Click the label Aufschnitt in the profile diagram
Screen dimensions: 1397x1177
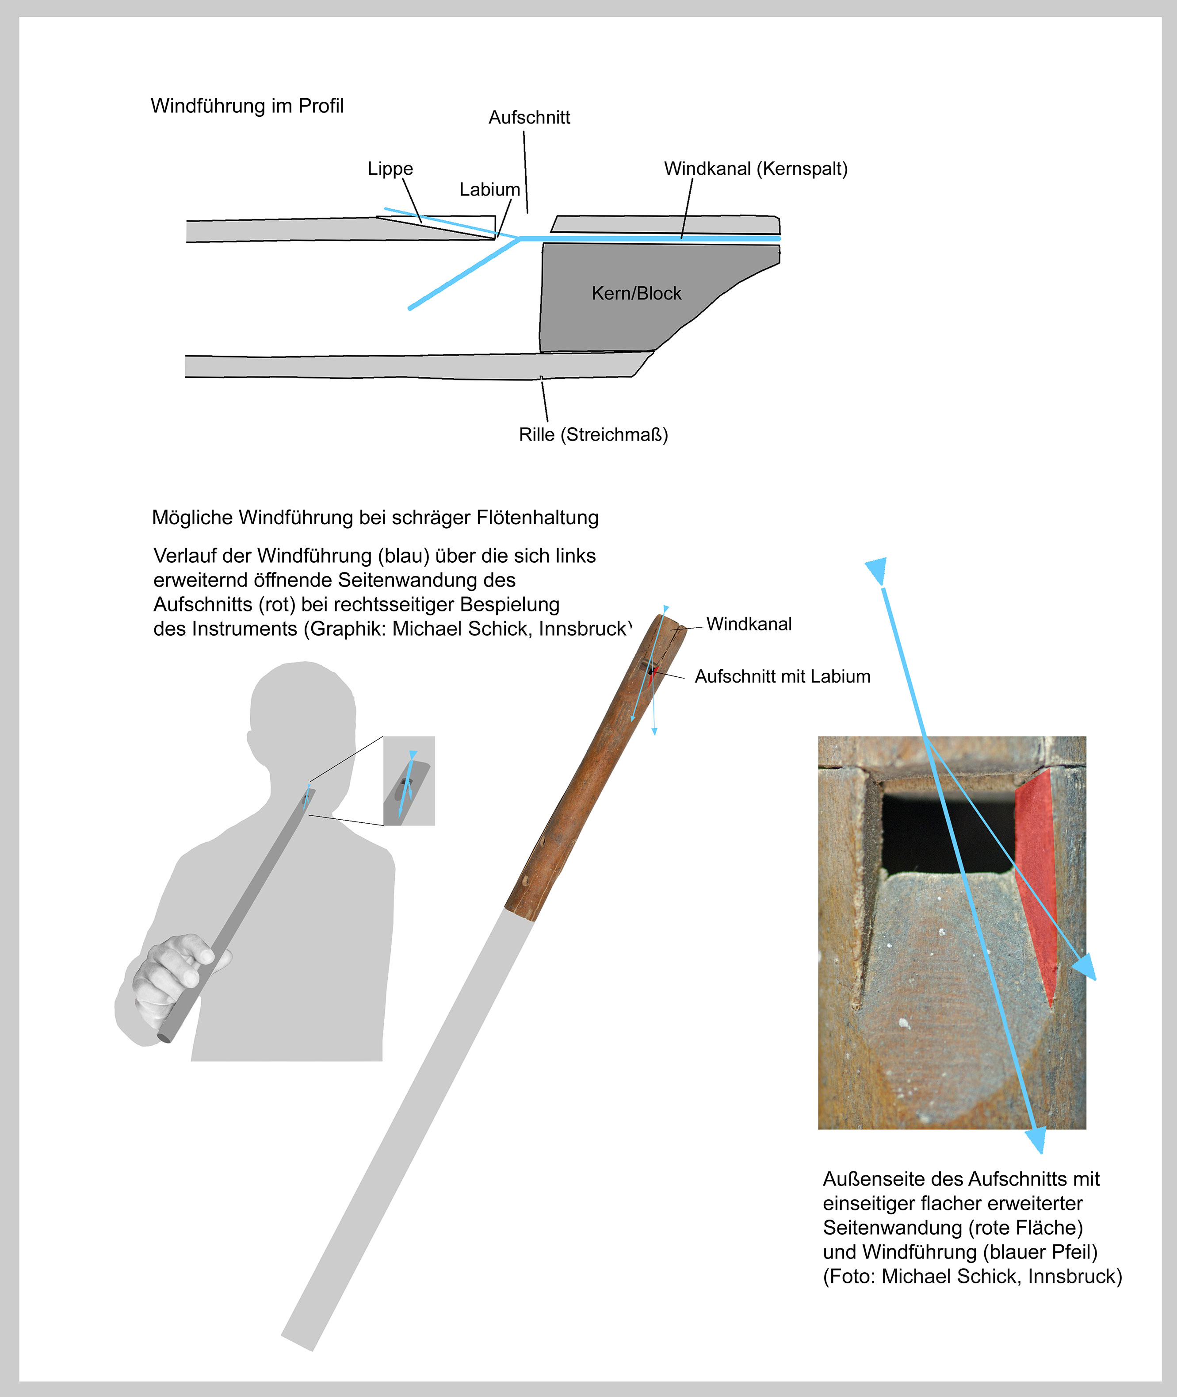pyautogui.click(x=529, y=118)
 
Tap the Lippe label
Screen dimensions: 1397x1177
pyautogui.click(x=390, y=169)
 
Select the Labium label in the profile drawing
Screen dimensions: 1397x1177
pyautogui.click(x=490, y=190)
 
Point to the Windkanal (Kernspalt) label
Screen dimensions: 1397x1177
pyautogui.click(x=755, y=169)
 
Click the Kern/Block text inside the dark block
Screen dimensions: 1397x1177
pyautogui.click(x=637, y=294)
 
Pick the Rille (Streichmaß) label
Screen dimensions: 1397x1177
pyautogui.click(x=593, y=434)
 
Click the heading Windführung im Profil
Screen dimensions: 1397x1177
pyautogui.click(x=247, y=106)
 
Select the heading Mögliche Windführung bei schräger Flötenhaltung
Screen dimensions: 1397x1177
pyautogui.click(x=375, y=517)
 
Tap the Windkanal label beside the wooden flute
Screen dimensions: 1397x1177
pyautogui.click(x=749, y=624)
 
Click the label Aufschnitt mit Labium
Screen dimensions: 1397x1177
pyautogui.click(x=782, y=677)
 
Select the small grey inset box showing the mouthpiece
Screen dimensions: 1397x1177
pyautogui.click(x=409, y=781)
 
